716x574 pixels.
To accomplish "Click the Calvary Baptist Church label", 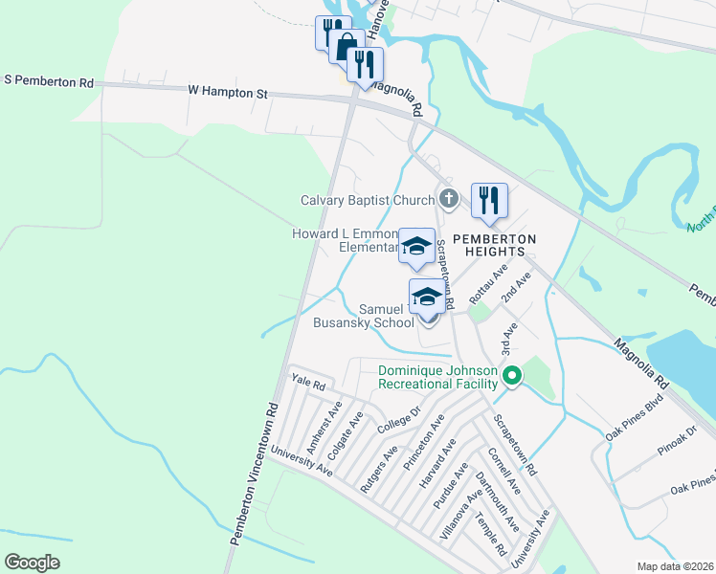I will click(x=368, y=201).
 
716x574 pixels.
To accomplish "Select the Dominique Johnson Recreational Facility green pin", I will click(x=512, y=377).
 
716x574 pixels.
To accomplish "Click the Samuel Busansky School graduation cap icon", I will click(x=427, y=298).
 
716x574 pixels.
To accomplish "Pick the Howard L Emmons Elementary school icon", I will click(x=415, y=246).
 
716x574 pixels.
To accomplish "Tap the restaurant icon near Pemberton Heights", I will click(x=489, y=200).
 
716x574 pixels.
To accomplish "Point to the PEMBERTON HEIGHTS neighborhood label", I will click(x=494, y=244).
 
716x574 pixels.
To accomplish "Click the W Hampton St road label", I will click(x=229, y=92).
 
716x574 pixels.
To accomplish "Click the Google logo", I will click(x=32, y=563).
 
